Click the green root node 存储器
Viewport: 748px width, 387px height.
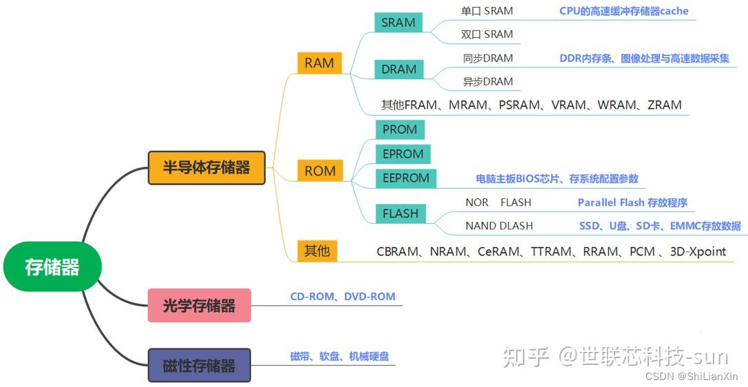pyautogui.click(x=52, y=267)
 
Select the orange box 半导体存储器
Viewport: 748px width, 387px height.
pyautogui.click(x=206, y=167)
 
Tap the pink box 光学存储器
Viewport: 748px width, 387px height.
pyautogui.click(x=200, y=306)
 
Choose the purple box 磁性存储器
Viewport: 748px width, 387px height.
pyautogui.click(x=200, y=365)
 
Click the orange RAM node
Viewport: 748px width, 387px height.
pyautogui.click(x=319, y=63)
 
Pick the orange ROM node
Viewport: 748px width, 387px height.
pyautogui.click(x=320, y=171)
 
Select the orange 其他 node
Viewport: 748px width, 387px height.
pyautogui.click(x=317, y=251)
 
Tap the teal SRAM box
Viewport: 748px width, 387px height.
pyautogui.click(x=398, y=23)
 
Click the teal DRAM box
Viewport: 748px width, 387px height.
pyautogui.click(x=399, y=70)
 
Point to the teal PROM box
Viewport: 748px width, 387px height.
pyautogui.click(x=400, y=129)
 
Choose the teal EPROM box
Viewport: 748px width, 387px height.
pyautogui.click(x=403, y=154)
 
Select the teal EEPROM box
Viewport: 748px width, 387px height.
pyautogui.click(x=406, y=178)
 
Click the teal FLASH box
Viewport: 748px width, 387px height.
pyautogui.click(x=400, y=213)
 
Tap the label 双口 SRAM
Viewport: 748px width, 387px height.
pyautogui.click(x=487, y=34)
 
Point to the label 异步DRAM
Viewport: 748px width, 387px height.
pyautogui.click(x=488, y=82)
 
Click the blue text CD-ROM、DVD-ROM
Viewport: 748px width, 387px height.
pyautogui.click(x=343, y=297)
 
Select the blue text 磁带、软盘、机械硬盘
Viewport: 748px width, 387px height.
pyautogui.click(x=339, y=357)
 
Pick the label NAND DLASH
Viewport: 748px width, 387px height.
pyautogui.click(x=499, y=226)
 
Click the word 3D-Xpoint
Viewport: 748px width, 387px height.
pyautogui.click(x=698, y=251)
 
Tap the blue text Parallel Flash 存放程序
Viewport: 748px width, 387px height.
pyautogui.click(x=632, y=202)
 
